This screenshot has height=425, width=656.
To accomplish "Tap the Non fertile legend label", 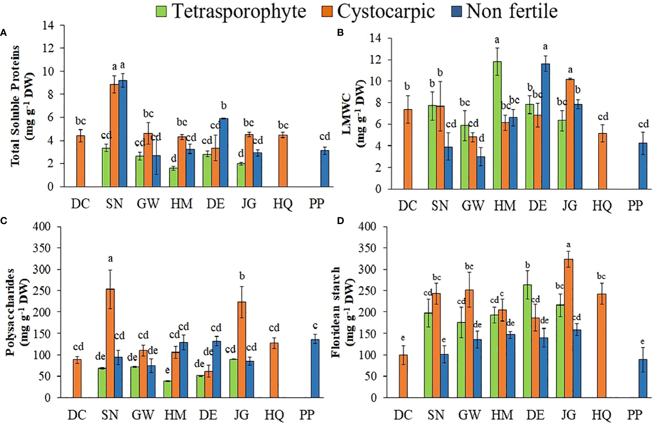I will pos(511,12).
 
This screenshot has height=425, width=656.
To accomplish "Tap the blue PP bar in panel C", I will pos(315,368).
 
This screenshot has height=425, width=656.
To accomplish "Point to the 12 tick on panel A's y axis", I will pos(49,48).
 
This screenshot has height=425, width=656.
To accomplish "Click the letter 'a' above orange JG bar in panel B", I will pos(570,70).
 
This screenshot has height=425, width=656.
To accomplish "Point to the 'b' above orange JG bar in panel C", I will pos(242,276).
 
